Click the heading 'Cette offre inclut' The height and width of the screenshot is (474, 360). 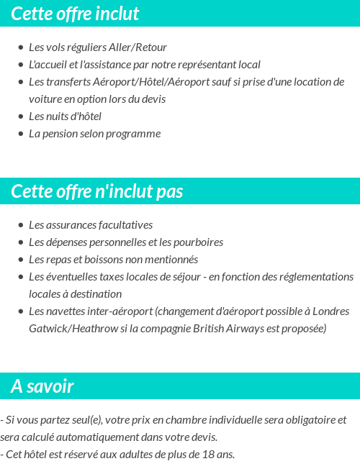[x=75, y=14]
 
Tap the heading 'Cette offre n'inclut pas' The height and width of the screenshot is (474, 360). [x=97, y=192]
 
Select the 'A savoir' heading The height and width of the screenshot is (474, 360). [x=42, y=386]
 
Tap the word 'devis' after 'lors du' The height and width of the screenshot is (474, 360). [x=154, y=99]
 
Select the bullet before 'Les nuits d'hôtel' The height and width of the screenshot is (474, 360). [x=20, y=117]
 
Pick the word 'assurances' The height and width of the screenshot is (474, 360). [x=71, y=225]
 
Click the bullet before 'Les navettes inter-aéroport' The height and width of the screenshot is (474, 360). [x=20, y=311]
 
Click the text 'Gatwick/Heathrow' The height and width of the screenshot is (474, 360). [x=73, y=329]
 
